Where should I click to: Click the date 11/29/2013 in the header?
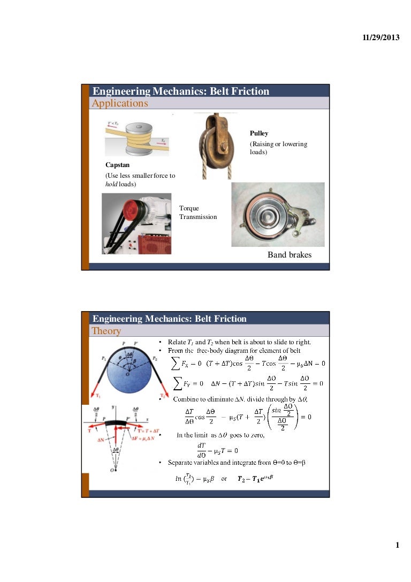381,39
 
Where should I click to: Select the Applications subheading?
120,103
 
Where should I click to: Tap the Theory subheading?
106,331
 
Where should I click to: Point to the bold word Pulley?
259,133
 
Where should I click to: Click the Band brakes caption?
289,255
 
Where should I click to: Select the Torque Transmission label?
198,213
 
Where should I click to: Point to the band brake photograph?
278,215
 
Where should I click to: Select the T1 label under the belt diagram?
100,396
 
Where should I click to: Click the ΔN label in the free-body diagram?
101,440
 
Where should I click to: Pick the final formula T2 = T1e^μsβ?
255,478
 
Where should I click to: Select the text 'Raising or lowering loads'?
278,148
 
